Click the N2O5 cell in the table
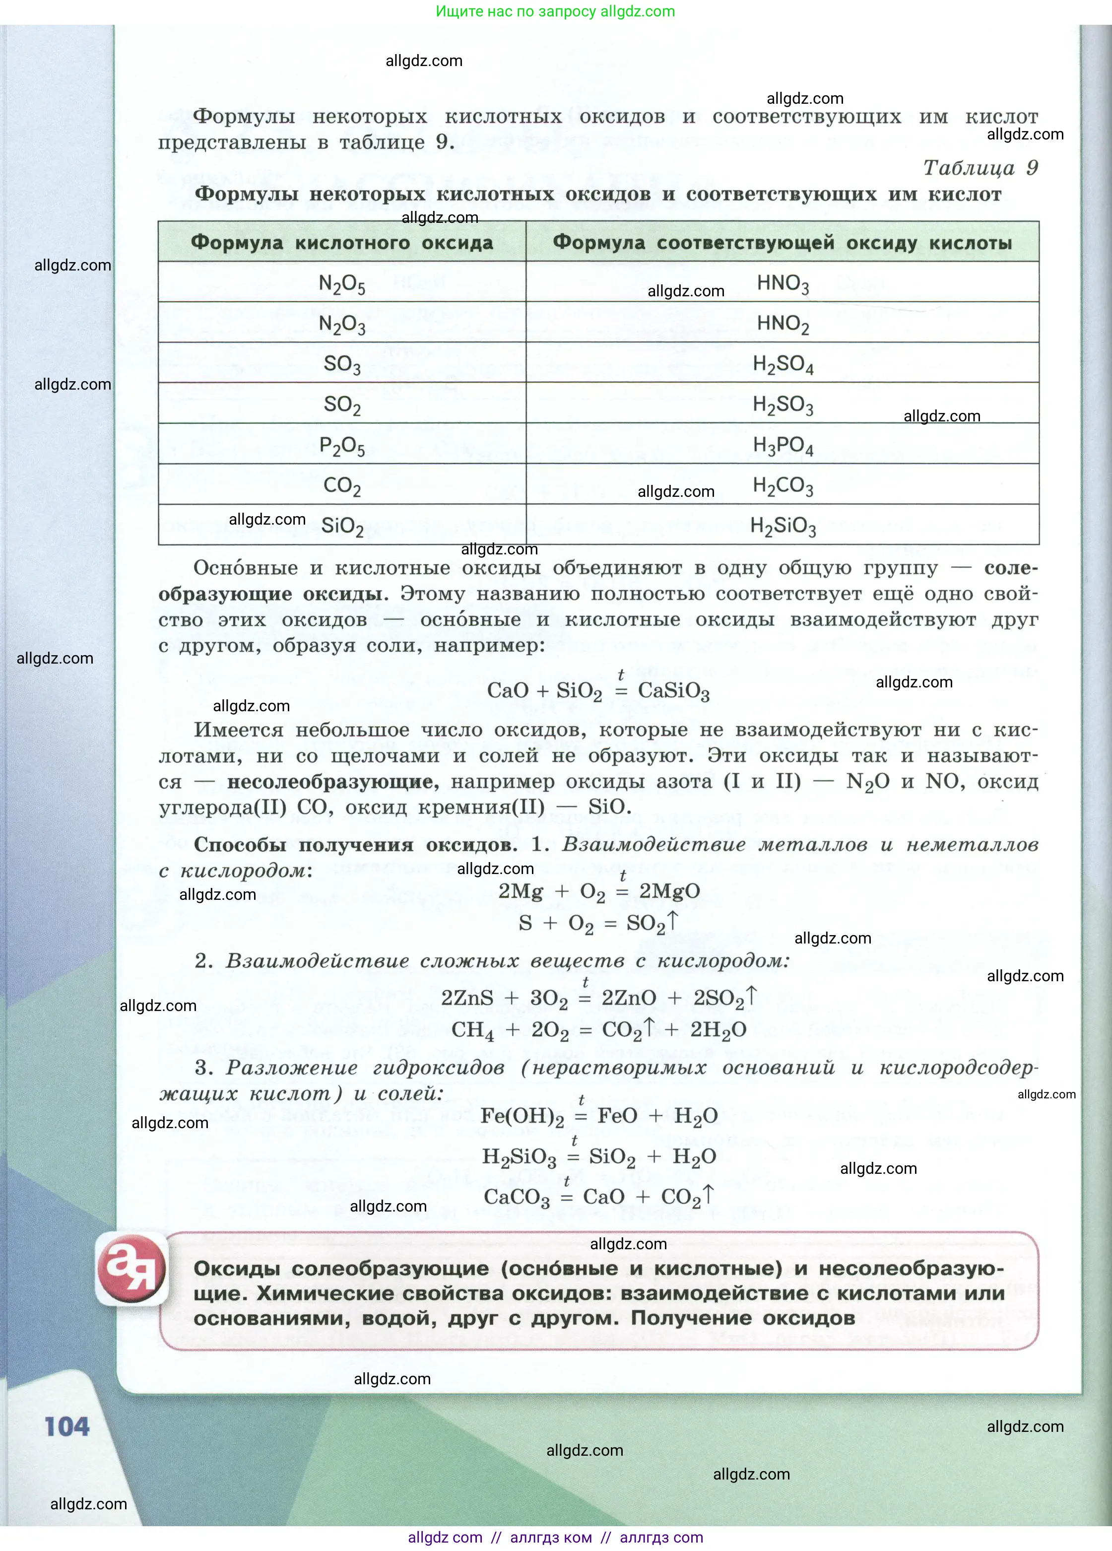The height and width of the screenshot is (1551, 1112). click(x=342, y=283)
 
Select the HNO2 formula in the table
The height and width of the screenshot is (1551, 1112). click(x=783, y=324)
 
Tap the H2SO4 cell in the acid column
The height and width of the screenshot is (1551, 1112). click(x=783, y=364)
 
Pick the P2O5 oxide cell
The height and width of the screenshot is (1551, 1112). click(x=342, y=446)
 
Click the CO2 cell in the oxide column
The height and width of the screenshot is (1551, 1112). click(x=342, y=485)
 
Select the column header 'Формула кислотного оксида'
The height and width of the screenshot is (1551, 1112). click(x=342, y=243)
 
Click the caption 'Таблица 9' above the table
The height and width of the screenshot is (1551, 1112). click(x=980, y=168)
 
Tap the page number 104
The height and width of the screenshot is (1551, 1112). click(x=67, y=1427)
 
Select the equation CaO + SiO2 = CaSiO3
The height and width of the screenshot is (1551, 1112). click(x=598, y=691)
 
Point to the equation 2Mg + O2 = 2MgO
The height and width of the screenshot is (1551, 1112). click(x=598, y=891)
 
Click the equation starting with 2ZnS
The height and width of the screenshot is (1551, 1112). click(x=598, y=998)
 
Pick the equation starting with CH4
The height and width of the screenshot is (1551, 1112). click(x=598, y=1030)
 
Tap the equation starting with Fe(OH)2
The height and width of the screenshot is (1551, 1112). click(x=598, y=1116)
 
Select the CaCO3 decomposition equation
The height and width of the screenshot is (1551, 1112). click(x=598, y=1197)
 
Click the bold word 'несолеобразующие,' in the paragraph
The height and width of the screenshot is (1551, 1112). click(x=333, y=782)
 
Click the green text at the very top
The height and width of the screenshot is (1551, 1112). click(x=555, y=11)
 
